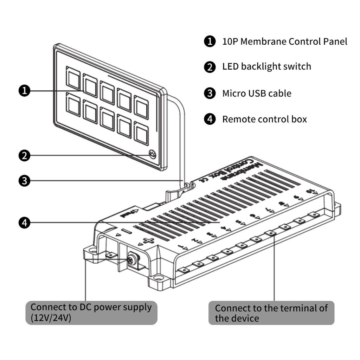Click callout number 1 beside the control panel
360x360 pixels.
(x=24, y=91)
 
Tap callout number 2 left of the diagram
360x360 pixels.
(x=24, y=155)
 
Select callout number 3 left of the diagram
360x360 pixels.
(x=24, y=181)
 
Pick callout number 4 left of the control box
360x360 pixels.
(x=24, y=223)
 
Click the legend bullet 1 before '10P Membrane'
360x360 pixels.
(x=210, y=41)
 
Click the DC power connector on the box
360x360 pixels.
(x=132, y=260)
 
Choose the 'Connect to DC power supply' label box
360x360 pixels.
(x=91, y=313)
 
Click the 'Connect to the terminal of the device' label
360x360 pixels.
(x=271, y=313)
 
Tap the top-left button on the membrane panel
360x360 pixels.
(x=73, y=78)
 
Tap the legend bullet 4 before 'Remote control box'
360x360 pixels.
(x=210, y=119)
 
